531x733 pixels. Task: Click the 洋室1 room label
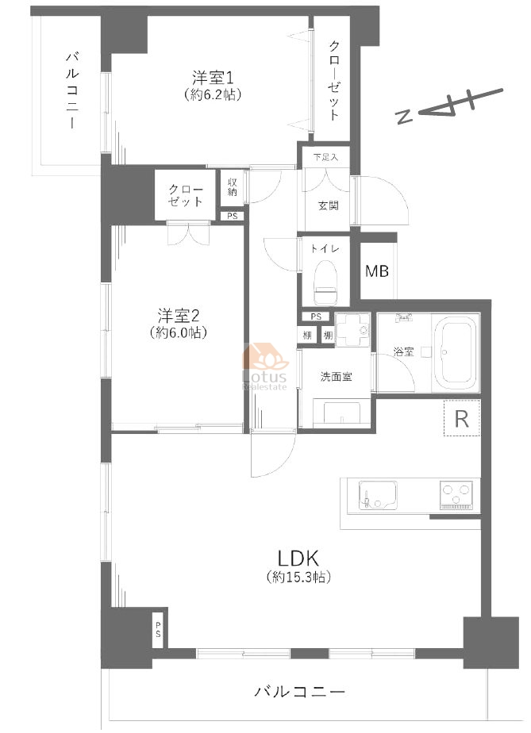pyautogui.click(x=213, y=77)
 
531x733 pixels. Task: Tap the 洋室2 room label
pyautogui.click(x=179, y=316)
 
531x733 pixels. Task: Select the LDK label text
pyautogui.click(x=298, y=558)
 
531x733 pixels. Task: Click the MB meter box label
pyautogui.click(x=376, y=271)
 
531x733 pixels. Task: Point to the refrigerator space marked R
pyautogui.click(x=462, y=419)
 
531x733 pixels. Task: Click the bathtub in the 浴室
pyautogui.click(x=456, y=352)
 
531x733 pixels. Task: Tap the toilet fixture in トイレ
pyautogui.click(x=326, y=281)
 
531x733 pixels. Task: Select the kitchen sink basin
pyautogui.click(x=378, y=495)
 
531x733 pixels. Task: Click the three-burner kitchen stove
pyautogui.click(x=456, y=495)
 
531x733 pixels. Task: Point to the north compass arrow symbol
pyautogui.click(x=449, y=106)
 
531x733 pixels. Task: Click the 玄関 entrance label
pyautogui.click(x=329, y=205)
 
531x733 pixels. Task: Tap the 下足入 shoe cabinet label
pyautogui.click(x=325, y=157)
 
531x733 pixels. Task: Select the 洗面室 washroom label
pyautogui.click(x=336, y=376)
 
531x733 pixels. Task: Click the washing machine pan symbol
pyautogui.click(x=352, y=329)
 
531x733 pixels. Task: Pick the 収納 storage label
pyautogui.click(x=233, y=187)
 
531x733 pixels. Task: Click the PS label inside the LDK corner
pyautogui.click(x=158, y=632)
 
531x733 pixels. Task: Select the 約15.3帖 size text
pyautogui.click(x=298, y=577)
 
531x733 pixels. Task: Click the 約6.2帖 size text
pyautogui.click(x=213, y=95)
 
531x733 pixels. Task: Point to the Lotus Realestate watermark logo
pyautogui.click(x=265, y=368)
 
